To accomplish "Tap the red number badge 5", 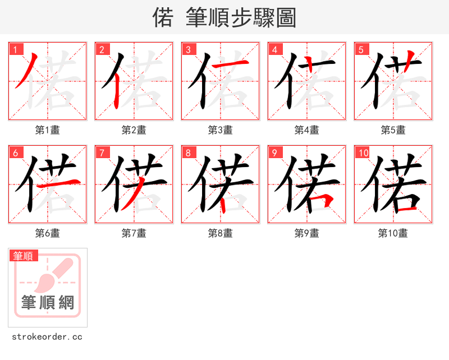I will tap(361, 49).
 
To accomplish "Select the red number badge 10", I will tap(362, 153).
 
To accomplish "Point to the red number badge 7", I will tap(102, 153).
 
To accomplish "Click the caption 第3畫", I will tap(220, 130).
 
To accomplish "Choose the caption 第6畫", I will tap(47, 233).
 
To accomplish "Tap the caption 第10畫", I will tap(393, 233).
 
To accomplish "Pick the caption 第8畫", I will tap(220, 233).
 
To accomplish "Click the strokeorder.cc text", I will tap(47, 337).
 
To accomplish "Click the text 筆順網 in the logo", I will tap(48, 303).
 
